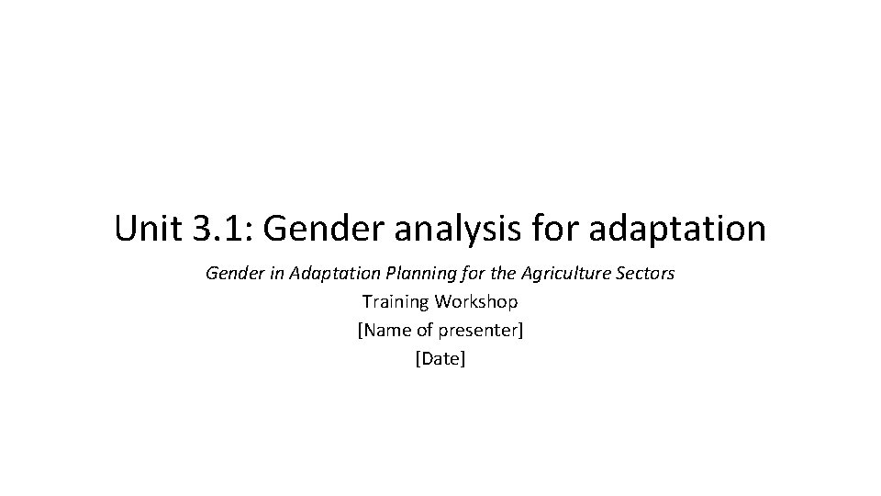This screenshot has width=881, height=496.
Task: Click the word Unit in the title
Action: click(147, 229)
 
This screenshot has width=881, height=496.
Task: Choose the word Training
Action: click(395, 301)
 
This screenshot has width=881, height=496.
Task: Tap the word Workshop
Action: click(476, 301)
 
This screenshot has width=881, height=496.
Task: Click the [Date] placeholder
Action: click(440, 358)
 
